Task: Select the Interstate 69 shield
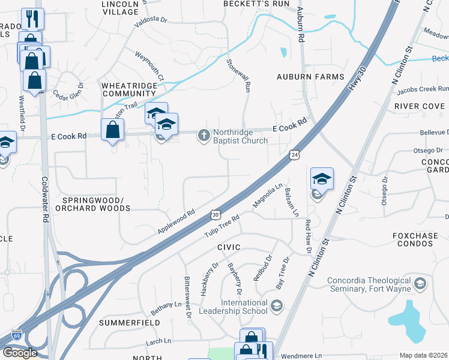[16, 336]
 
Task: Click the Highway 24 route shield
[294, 155]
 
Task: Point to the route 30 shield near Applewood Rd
[215, 214]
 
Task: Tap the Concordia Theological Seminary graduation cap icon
[420, 283]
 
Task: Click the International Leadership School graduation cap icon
[276, 307]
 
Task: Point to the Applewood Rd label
[176, 221]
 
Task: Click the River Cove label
[420, 106]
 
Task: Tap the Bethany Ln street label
[166, 305]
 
